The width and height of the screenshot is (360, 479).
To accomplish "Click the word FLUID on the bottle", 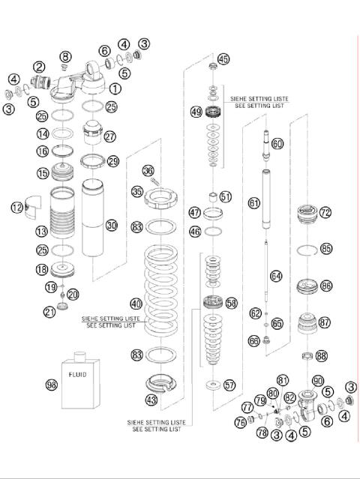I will tap(76, 373).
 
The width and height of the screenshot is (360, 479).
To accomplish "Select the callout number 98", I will tap(51, 385).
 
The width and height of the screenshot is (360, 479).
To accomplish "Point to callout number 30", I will tap(112, 225).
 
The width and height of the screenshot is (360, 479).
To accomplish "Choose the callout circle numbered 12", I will tap(17, 207).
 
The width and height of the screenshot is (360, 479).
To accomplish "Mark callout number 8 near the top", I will tap(65, 56).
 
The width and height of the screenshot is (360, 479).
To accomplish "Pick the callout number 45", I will tap(223, 59).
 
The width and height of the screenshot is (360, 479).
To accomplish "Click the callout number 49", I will tap(196, 112).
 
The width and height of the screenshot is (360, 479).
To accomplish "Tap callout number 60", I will tap(277, 142).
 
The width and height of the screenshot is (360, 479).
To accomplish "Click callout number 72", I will tap(325, 213).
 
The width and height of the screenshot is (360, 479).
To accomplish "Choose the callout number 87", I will tap(324, 322).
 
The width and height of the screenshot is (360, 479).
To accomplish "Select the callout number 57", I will tap(229, 385).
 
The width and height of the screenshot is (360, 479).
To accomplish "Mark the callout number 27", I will tap(110, 136).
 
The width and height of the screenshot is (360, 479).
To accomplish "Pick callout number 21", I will tap(49, 312).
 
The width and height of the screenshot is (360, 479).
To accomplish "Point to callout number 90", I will tap(317, 381).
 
